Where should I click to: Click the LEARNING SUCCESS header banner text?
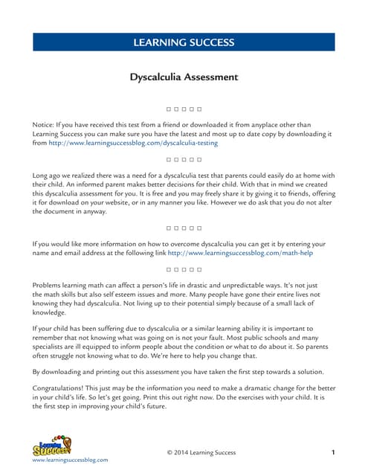coord(184,43)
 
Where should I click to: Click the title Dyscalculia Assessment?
coord(184,77)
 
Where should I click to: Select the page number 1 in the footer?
coord(333,452)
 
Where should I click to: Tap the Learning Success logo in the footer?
coord(52,446)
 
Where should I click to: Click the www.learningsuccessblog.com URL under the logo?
coord(70,460)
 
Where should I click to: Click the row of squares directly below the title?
coord(184,109)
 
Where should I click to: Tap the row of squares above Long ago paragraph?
coord(184,160)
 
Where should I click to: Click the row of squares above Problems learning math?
coord(184,268)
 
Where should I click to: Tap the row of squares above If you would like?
coord(184,228)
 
